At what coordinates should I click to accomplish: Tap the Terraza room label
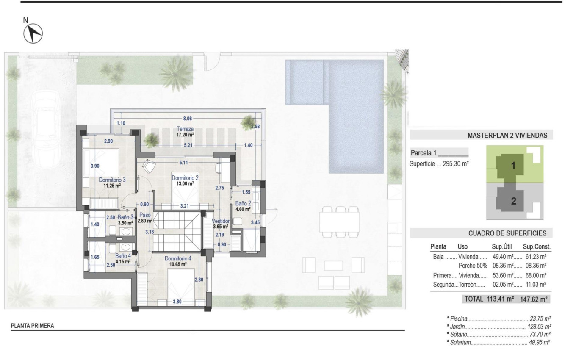click(185, 129)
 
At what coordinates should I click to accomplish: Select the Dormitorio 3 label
click(112, 180)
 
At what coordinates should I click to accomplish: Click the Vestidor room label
click(221, 221)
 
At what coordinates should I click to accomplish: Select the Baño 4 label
click(123, 256)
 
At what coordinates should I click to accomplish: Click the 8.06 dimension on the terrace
click(187, 119)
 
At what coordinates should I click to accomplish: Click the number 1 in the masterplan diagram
click(513, 166)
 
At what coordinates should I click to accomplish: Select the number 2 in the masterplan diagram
click(514, 202)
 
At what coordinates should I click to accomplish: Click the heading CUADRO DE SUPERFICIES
click(507, 233)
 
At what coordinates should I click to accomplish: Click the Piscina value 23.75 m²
click(540, 318)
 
